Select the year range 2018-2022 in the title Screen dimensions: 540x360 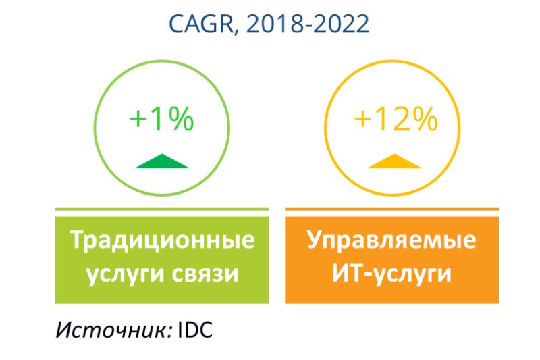pos(308,24)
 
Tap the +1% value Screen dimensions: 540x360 pos(162,119)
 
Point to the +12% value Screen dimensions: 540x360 pos(396,119)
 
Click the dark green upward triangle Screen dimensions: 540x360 pos(162,161)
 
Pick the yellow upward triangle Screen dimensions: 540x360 pos(395,161)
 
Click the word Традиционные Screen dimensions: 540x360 pos(162,240)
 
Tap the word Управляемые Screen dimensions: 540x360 pos(391,240)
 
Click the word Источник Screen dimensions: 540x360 pos(113,330)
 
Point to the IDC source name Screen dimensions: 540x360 pos(195,330)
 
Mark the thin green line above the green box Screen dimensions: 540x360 pos(162,209)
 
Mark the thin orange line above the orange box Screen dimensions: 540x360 pos(392,209)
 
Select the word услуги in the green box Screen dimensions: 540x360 pos(126,275)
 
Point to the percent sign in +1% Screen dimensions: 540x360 pos(180,119)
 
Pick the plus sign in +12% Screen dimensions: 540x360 pos(363,120)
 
